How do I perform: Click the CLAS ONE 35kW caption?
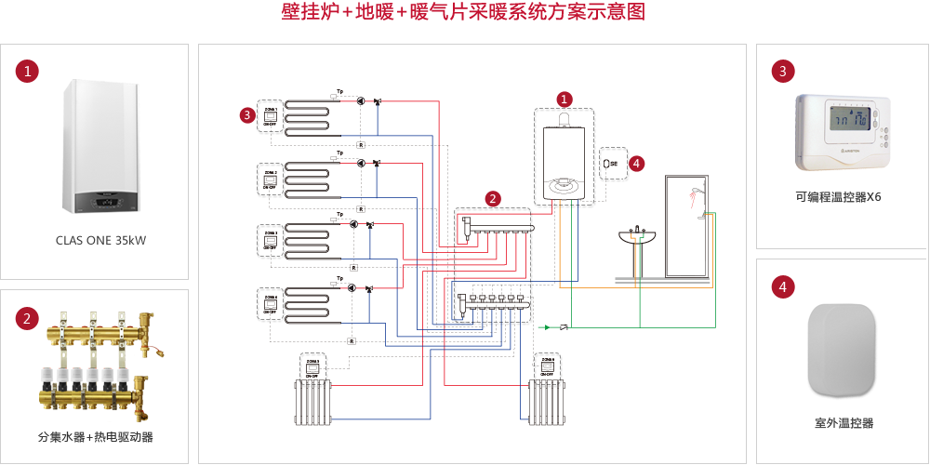[x=100, y=240]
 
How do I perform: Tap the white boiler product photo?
[x=100, y=147]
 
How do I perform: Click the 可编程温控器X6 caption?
[x=837, y=198]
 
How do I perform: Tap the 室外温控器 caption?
[x=843, y=423]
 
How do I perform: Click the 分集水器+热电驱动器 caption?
[x=95, y=436]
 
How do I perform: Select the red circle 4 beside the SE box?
[x=636, y=163]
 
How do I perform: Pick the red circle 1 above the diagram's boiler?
[x=564, y=98]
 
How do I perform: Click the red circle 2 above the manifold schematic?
[x=493, y=198]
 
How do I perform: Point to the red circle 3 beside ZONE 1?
[x=246, y=114]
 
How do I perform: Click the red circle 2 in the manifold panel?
[x=29, y=318]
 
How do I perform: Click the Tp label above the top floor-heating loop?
[x=339, y=91]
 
